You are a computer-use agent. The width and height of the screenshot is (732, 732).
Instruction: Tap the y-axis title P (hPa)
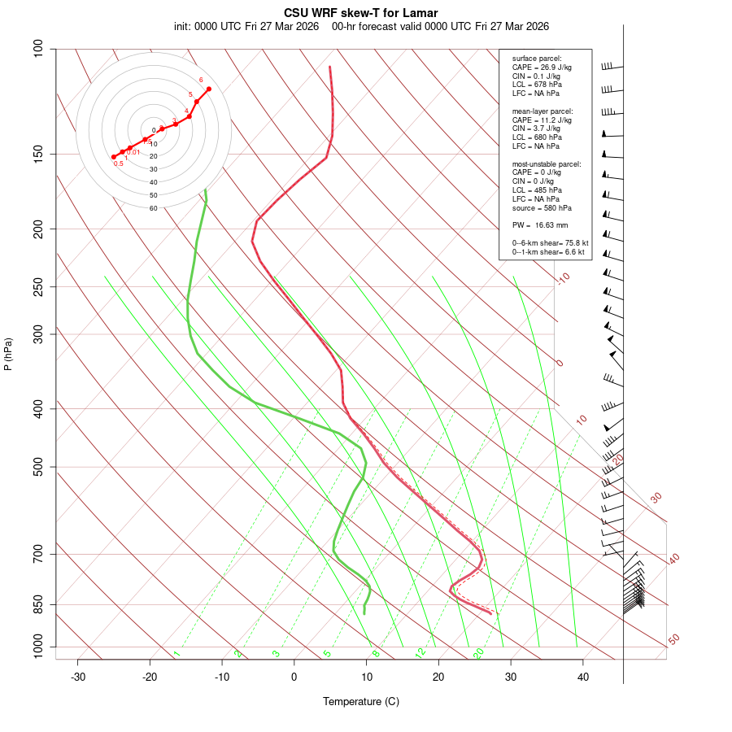pyautogui.click(x=8, y=355)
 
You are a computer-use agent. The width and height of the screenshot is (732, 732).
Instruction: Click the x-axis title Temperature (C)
pyautogui.click(x=360, y=701)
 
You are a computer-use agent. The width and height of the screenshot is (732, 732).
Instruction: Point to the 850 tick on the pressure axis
pyautogui.click(x=39, y=604)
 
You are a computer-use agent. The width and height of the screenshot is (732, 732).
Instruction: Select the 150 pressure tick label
pyautogui.click(x=39, y=154)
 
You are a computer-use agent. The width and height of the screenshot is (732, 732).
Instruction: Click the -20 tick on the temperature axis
pyautogui.click(x=150, y=676)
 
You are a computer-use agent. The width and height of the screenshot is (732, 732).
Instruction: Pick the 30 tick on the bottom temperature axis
pyautogui.click(x=511, y=676)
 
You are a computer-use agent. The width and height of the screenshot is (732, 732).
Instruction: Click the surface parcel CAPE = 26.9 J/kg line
pyautogui.click(x=542, y=68)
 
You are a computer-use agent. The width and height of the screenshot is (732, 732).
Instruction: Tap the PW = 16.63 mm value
pyautogui.click(x=540, y=224)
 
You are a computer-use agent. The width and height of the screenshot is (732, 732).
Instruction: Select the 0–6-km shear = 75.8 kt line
pyautogui.click(x=550, y=243)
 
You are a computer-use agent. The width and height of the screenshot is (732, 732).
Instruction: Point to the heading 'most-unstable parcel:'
pyautogui.click(x=547, y=164)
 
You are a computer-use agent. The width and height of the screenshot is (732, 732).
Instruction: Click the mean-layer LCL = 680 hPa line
pyautogui.click(x=537, y=137)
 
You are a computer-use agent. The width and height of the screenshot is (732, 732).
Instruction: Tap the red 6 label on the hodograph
pyautogui.click(x=201, y=80)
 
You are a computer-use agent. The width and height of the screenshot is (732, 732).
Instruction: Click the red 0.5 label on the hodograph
pyautogui.click(x=119, y=164)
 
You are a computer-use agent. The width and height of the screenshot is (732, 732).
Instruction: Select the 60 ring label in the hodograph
pyautogui.click(x=153, y=208)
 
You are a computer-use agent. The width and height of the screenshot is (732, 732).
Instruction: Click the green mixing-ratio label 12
pyautogui.click(x=420, y=652)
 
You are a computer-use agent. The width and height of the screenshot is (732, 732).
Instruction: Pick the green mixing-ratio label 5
pyautogui.click(x=327, y=653)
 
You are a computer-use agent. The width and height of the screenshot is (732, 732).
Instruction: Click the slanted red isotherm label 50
pyautogui.click(x=673, y=640)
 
